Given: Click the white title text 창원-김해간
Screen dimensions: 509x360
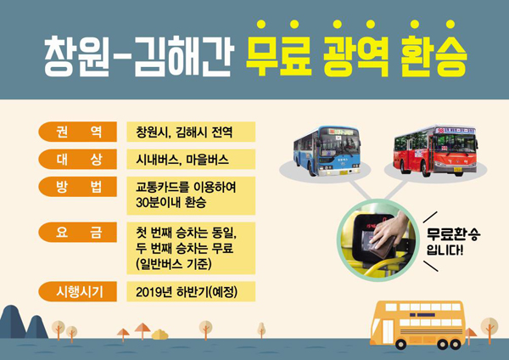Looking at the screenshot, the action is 139,56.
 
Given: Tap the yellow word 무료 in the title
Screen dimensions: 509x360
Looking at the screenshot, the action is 278,55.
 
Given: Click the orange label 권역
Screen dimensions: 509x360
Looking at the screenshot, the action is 77,132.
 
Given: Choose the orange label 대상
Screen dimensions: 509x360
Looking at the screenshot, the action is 77,160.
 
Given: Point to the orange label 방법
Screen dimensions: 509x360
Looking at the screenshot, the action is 77,187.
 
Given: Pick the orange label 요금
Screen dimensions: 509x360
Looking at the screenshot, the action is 77,233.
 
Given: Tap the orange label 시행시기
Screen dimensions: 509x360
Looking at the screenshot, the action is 77,291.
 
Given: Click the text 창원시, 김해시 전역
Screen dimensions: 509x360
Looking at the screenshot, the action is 184,132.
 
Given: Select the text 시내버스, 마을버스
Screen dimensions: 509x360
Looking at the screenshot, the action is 182,160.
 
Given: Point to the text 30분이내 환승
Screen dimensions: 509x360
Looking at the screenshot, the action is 171,202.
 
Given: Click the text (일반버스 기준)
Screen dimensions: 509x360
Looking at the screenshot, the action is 174,263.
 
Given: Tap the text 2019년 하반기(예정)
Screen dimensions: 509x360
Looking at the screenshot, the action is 187,292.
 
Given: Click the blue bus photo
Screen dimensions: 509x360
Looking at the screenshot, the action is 327,151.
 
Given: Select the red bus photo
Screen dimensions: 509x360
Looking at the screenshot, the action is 436,150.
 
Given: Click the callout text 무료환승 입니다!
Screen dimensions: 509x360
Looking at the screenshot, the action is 453,242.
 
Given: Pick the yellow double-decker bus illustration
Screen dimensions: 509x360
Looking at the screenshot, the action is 417,325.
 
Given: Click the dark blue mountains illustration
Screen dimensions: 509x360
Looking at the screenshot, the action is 24,322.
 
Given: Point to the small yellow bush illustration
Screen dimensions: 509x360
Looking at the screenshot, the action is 159,335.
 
